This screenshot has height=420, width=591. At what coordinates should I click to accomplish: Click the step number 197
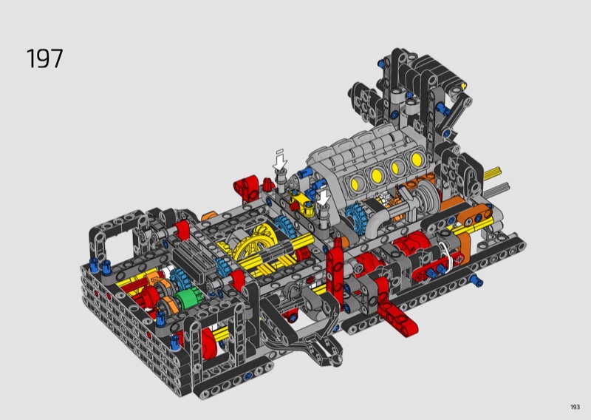tap(44, 58)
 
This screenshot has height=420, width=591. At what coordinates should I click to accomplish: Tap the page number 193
tap(575, 407)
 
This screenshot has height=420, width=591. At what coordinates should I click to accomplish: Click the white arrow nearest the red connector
tap(280, 160)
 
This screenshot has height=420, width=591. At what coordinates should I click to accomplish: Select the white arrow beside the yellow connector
tap(323, 197)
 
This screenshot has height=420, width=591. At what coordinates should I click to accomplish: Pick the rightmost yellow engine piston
tap(417, 158)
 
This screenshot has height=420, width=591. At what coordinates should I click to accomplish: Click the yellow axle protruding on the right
tap(492, 173)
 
